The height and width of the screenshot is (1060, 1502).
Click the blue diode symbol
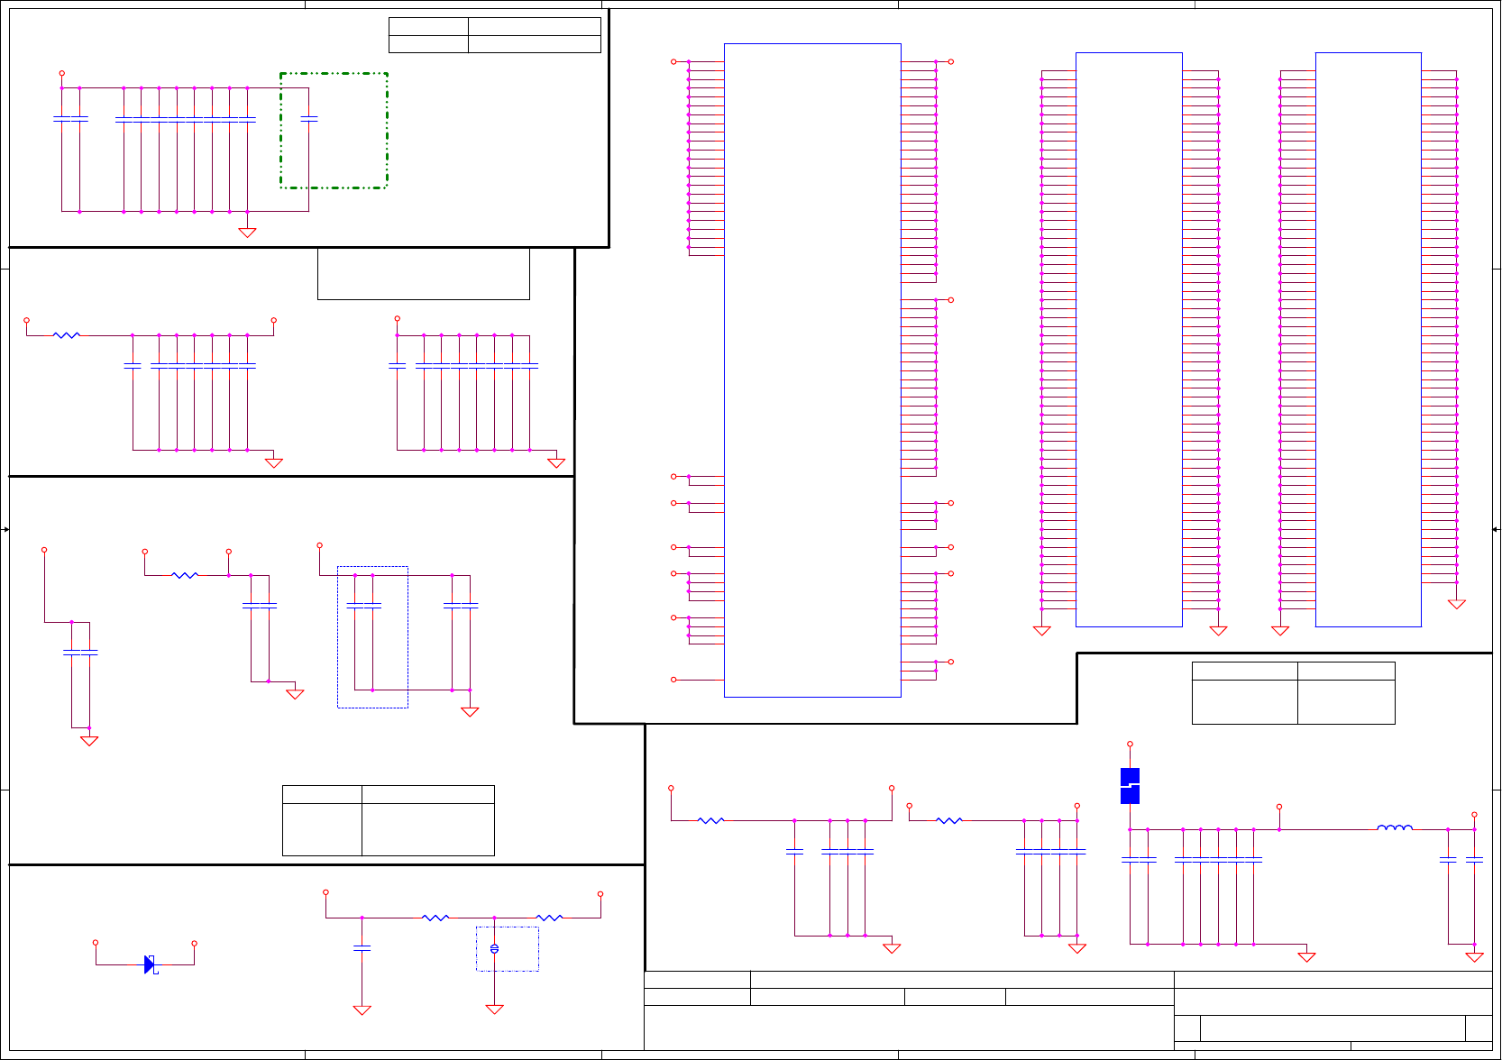[x=150, y=964]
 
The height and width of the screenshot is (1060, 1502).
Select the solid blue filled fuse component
[x=1130, y=786]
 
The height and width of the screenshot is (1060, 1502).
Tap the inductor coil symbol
[x=1395, y=827]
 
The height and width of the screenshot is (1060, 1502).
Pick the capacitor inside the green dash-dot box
[x=309, y=119]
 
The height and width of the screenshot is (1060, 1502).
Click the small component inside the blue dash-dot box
[x=494, y=948]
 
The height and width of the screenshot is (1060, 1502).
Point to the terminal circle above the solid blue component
[x=1130, y=745]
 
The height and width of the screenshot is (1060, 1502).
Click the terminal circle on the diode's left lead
[x=96, y=943]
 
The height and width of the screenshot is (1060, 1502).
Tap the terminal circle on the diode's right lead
[x=194, y=944]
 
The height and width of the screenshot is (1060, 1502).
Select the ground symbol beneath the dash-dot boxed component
[x=494, y=1010]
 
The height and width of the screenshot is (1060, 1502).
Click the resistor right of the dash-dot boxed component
[x=549, y=918]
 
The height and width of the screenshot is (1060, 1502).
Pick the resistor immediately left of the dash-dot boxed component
[x=435, y=918]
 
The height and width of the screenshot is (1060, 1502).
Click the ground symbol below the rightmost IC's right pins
[x=1457, y=604]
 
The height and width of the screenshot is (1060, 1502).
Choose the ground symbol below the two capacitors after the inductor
[x=1474, y=957]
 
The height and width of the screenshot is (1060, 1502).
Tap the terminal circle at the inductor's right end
[x=1474, y=815]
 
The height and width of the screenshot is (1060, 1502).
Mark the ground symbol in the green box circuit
[x=247, y=233]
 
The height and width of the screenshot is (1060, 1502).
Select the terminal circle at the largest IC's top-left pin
[x=673, y=61]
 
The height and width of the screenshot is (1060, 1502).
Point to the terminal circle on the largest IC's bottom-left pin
[x=673, y=680]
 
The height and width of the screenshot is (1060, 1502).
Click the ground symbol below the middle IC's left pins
[x=1041, y=631]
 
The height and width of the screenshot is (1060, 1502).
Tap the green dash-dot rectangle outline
[x=280, y=131]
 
